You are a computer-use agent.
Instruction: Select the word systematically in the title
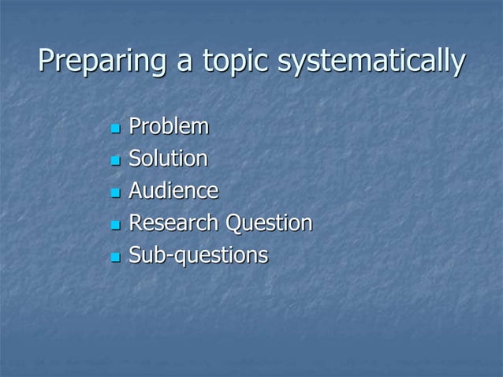point(369,62)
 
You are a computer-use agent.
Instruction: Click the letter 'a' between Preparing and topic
point(186,63)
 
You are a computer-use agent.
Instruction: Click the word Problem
point(170,126)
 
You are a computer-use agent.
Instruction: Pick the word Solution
point(169,159)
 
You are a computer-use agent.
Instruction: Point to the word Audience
point(173,191)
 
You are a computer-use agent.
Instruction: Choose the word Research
point(174,223)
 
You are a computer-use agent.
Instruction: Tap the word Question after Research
point(269,224)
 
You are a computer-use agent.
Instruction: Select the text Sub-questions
point(198,256)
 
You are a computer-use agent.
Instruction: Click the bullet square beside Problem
point(115,128)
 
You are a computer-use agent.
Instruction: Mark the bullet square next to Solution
point(115,160)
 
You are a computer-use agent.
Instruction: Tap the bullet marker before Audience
point(115,192)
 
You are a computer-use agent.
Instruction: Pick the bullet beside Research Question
point(115,225)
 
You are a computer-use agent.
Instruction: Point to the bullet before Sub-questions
point(115,257)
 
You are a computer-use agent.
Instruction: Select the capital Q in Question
point(234,224)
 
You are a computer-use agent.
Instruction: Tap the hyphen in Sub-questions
point(166,257)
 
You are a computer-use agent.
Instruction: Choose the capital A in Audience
point(136,191)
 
